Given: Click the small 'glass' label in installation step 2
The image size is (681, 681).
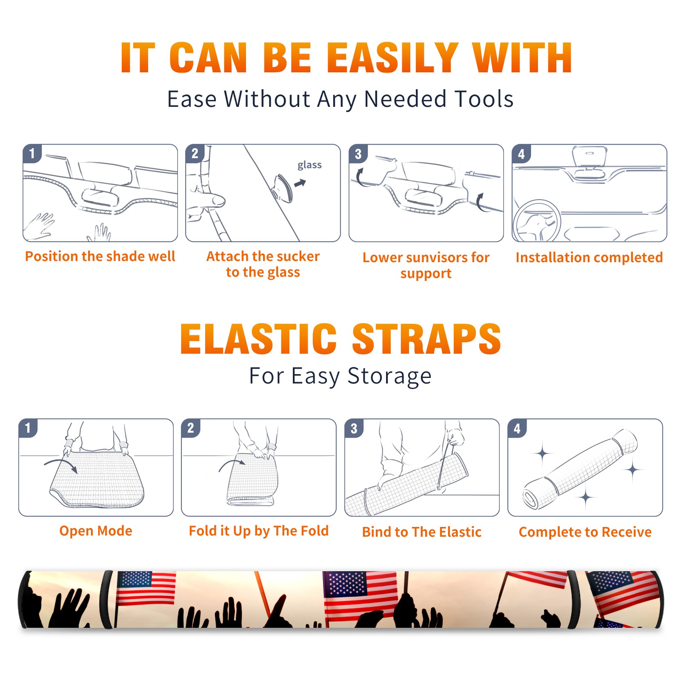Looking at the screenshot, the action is [309, 165].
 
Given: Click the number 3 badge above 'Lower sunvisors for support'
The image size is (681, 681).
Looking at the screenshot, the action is [358, 154].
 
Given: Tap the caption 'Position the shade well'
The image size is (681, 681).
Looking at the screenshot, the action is [100, 256].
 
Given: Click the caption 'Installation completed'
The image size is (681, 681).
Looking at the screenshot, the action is [589, 257].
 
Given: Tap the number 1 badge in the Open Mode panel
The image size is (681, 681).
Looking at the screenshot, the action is [28, 428].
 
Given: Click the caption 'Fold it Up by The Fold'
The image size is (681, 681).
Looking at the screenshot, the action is [259, 531].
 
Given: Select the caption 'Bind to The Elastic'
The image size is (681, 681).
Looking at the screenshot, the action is [422, 532].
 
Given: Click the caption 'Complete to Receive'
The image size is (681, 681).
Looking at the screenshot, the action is [585, 532].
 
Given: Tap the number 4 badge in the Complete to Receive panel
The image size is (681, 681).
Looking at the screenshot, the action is [517, 428].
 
